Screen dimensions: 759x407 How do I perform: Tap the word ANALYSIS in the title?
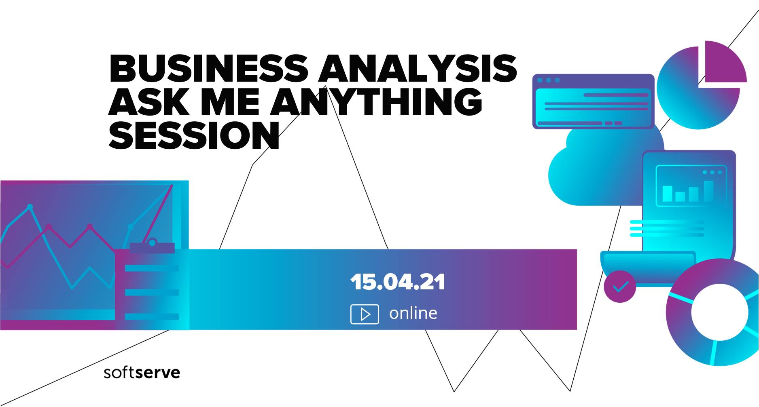click(418, 68)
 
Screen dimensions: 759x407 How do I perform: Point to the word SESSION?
click(194, 135)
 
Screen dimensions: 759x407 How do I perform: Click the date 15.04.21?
click(398, 282)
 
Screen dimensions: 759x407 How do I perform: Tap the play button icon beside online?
click(365, 314)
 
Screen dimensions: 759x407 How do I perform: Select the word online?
click(413, 313)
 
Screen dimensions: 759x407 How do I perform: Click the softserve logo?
click(142, 372)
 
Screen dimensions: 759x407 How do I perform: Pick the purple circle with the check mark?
click(619, 287)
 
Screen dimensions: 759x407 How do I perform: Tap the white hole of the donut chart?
click(720, 312)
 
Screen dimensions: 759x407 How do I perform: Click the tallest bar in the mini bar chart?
click(708, 191)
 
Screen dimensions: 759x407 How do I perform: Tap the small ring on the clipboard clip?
click(152, 243)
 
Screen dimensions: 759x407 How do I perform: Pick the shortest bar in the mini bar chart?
click(681, 196)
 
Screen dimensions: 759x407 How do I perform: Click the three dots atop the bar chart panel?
click(712, 172)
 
